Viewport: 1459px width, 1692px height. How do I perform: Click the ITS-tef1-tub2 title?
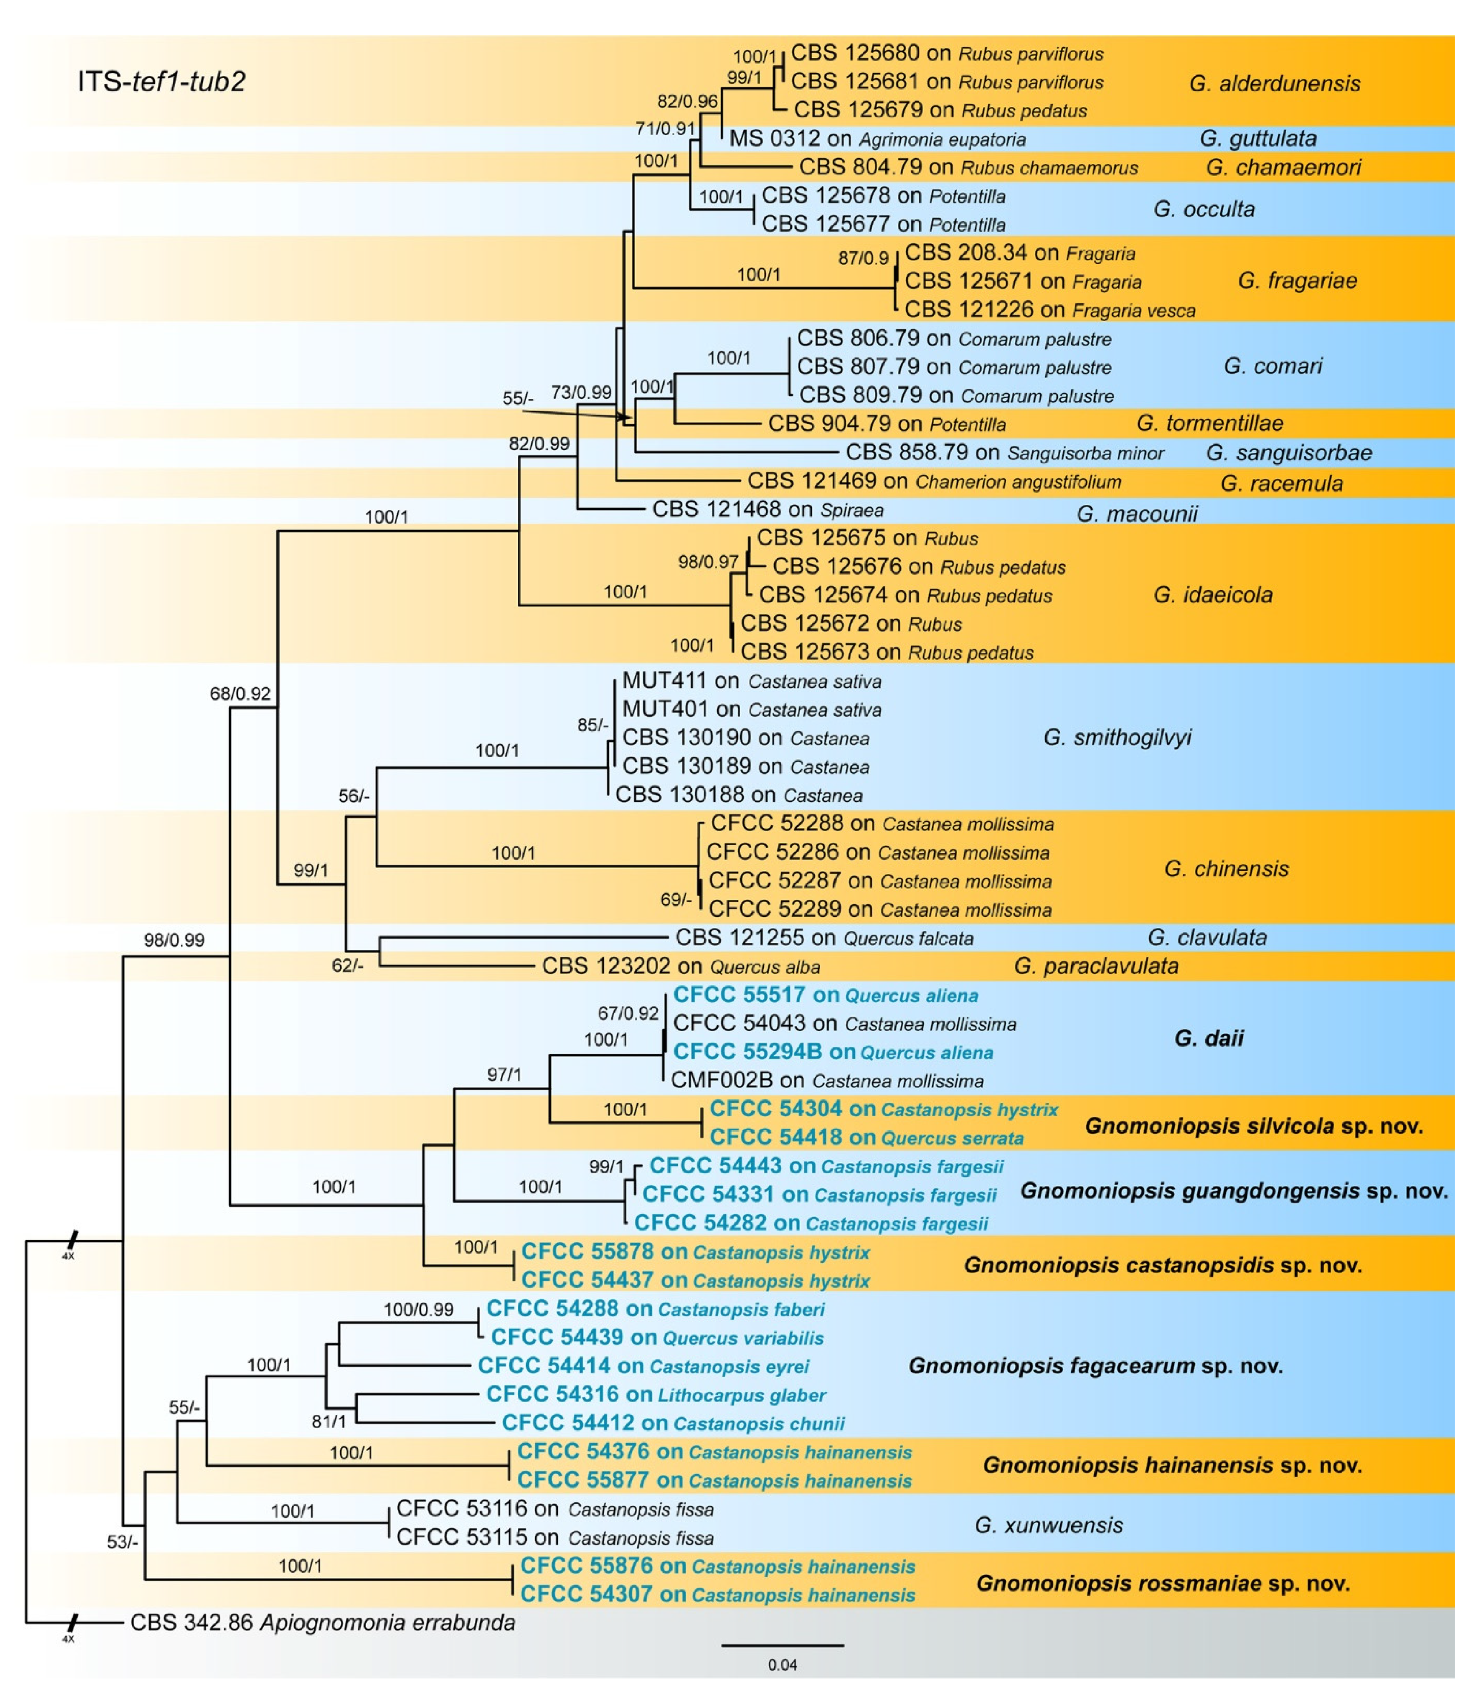click(162, 82)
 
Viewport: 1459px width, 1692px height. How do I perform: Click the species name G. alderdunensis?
click(1274, 83)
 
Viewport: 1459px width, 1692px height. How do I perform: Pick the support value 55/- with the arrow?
click(518, 398)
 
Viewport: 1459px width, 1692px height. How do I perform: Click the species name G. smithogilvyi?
click(1117, 737)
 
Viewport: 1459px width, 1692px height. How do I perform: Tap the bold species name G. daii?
click(1209, 1038)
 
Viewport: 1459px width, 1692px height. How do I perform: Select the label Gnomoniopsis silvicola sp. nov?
click(1253, 1126)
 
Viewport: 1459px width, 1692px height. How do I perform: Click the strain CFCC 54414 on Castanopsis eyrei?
click(643, 1366)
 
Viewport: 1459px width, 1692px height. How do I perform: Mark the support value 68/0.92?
click(240, 694)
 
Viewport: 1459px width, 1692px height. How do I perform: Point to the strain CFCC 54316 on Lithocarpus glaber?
click(656, 1395)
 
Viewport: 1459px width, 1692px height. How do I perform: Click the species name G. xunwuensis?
click(1049, 1525)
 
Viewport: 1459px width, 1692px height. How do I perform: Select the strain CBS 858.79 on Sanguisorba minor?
click(1004, 452)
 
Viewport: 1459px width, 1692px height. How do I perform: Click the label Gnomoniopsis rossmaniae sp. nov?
click(1163, 1584)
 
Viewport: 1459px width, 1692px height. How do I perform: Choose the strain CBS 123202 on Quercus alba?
click(680, 967)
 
